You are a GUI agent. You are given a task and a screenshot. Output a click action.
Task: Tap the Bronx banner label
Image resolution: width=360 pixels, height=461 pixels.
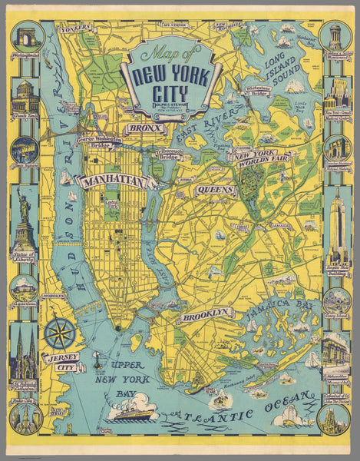click(143, 128)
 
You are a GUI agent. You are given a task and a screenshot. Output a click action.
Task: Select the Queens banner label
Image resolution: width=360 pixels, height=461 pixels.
click(216, 188)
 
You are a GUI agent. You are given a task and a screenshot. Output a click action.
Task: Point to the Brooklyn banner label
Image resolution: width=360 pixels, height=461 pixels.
click(206, 313)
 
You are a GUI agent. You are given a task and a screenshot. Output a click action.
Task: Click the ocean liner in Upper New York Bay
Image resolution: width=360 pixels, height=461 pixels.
click(131, 413)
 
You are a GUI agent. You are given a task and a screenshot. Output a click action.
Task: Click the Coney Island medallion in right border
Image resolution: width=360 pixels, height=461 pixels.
click(335, 300)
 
